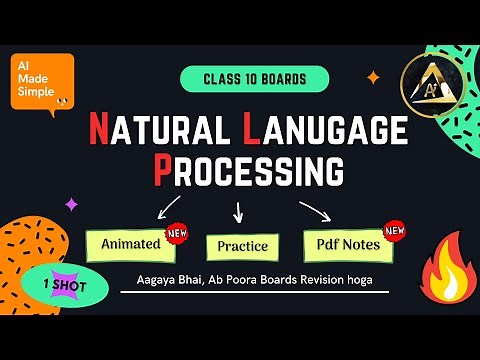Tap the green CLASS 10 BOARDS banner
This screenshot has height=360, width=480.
click(254, 78)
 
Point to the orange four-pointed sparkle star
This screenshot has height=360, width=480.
click(373, 76)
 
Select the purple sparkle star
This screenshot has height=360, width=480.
click(71, 204)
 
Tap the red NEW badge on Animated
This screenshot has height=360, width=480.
click(178, 232)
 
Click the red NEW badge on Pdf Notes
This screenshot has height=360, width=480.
click(395, 232)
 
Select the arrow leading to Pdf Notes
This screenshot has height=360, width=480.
click(315, 211)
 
